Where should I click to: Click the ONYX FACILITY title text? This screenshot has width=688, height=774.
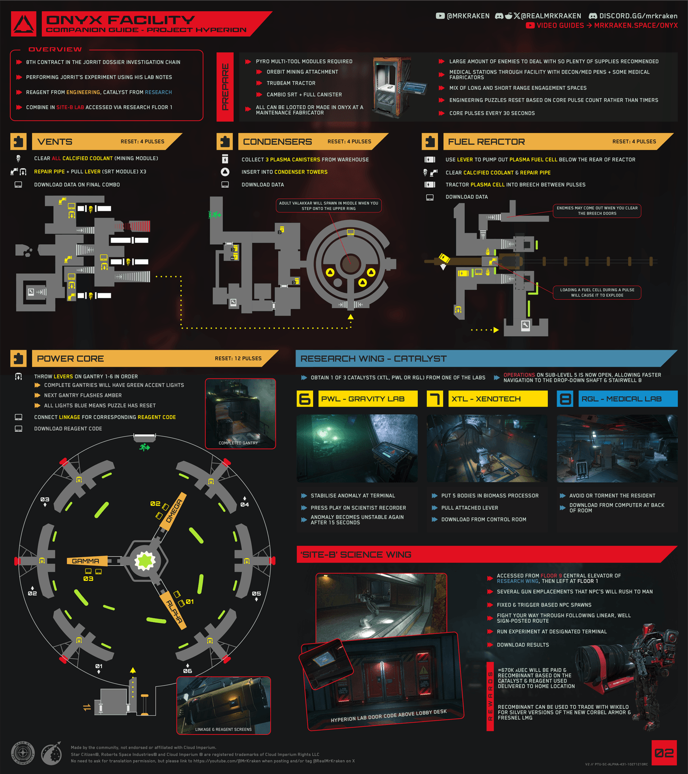120,20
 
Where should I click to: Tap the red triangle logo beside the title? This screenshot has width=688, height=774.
24,24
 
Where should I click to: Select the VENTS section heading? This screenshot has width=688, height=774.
55,142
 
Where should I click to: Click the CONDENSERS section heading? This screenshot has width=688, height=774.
277,142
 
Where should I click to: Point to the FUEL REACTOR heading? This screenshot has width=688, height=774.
486,142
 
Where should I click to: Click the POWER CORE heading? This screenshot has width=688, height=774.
70,358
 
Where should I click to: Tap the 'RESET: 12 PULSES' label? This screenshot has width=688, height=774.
238,358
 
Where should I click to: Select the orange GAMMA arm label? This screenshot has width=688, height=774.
86,561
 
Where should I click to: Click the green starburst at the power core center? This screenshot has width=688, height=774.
144,561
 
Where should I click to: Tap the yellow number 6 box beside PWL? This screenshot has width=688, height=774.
305,399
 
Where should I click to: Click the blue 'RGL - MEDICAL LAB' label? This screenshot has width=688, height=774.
621,399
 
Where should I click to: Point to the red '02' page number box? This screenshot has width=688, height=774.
664,753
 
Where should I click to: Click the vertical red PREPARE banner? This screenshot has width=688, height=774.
225,87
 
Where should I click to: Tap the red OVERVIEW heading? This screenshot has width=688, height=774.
55,49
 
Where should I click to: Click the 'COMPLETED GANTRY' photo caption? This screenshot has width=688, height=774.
238,443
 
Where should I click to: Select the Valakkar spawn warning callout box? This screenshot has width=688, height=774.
329,206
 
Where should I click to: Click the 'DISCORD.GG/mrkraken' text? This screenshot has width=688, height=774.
638,16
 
